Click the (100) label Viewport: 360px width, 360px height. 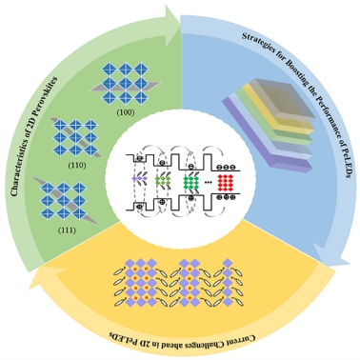click(x=126, y=112)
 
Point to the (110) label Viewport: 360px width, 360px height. click(x=77, y=165)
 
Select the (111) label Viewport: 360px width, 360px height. click(x=67, y=230)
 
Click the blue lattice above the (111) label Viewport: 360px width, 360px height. click(x=63, y=201)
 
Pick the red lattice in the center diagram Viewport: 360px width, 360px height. click(x=225, y=183)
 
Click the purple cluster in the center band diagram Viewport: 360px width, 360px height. click(x=139, y=179)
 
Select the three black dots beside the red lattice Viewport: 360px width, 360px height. click(x=209, y=182)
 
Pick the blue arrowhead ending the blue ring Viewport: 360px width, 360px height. click(x=331, y=254)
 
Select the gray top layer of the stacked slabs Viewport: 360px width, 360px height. click(x=279, y=98)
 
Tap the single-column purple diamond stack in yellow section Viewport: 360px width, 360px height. click(x=228, y=282)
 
